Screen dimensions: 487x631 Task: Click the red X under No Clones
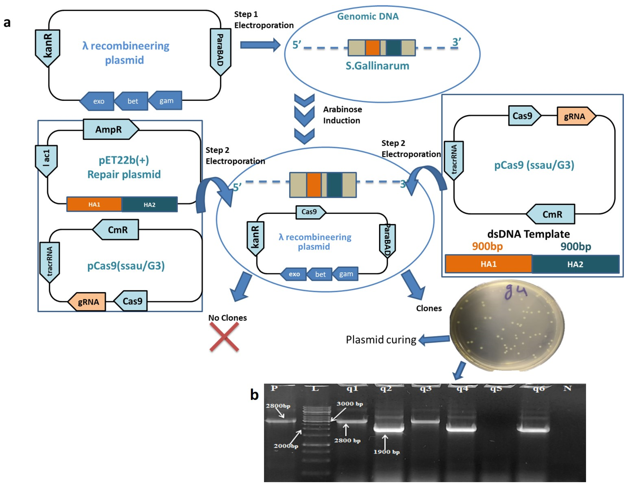pyautogui.click(x=224, y=337)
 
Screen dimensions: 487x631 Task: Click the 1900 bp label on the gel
pyautogui.click(x=387, y=452)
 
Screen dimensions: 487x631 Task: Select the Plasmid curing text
pyautogui.click(x=381, y=340)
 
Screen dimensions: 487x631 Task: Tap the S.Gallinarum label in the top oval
pyautogui.click(x=377, y=66)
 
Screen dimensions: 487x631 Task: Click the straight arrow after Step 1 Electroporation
pyautogui.click(x=260, y=45)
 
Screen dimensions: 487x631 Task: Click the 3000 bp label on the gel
pyautogui.click(x=350, y=404)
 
